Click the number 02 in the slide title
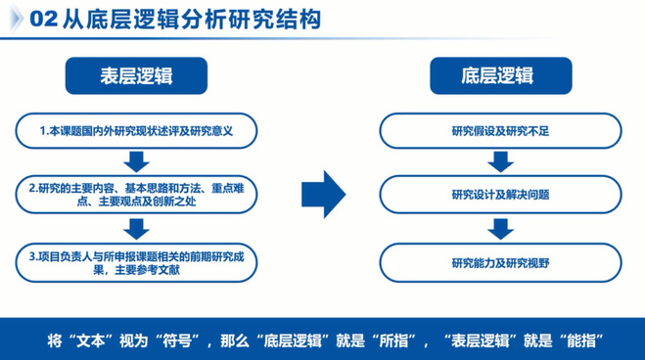tap(44, 19)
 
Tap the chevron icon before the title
tap(17, 20)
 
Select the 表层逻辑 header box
tap(136, 75)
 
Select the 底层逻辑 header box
tap(500, 75)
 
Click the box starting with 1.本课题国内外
tap(136, 131)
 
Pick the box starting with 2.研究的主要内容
tap(136, 195)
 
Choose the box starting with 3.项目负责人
tap(136, 263)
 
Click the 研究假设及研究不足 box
tap(500, 131)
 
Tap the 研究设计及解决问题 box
tap(500, 195)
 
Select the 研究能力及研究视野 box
tap(500, 263)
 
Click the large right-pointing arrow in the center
tap(323, 194)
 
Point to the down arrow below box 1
tap(136, 162)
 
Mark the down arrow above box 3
tap(136, 229)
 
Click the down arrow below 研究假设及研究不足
tap(500, 162)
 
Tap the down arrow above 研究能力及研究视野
tap(500, 229)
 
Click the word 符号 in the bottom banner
tap(176, 340)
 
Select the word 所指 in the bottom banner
tap(393, 340)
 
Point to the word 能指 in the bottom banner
tap(581, 340)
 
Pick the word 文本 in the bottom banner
tap(91, 340)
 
